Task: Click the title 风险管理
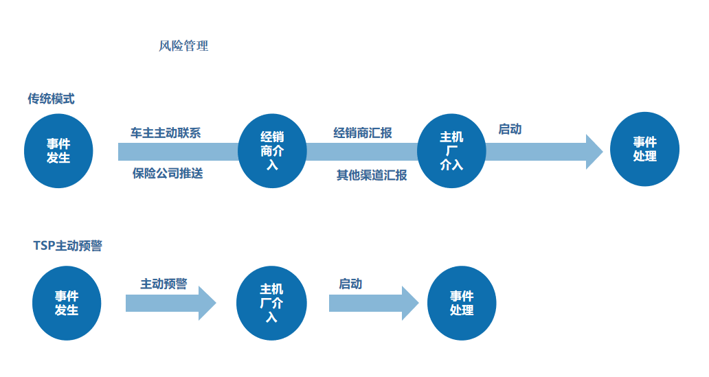tap(183, 47)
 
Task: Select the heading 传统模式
tap(51, 99)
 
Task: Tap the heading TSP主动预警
tap(67, 245)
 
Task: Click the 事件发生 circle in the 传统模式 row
tap(58, 150)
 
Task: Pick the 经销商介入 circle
tap(272, 150)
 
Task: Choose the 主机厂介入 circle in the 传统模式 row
tap(451, 150)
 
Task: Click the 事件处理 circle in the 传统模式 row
tap(644, 150)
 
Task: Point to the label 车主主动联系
tap(166, 133)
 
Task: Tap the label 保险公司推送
tap(168, 173)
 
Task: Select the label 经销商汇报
tap(363, 133)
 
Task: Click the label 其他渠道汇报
tap(372, 175)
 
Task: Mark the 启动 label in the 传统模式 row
tap(510, 129)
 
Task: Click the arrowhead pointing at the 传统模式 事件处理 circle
tap(593, 152)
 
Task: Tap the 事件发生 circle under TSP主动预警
tap(67, 303)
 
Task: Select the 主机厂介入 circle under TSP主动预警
tap(271, 303)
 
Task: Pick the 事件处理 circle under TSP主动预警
tap(462, 303)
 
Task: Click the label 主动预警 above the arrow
tap(164, 284)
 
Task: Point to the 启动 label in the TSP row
tap(350, 284)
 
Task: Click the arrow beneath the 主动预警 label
tap(170, 303)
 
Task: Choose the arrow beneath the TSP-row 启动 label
tap(373, 303)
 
